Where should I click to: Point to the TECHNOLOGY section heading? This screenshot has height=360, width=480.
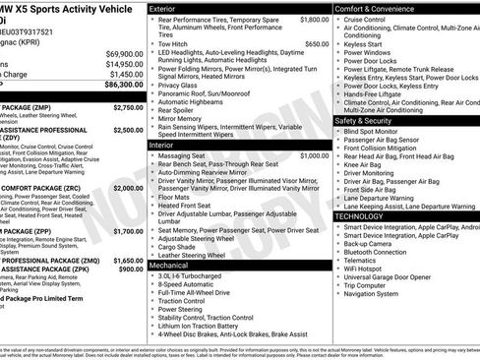tap(359, 215)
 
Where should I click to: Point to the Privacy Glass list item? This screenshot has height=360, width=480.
tap(180, 87)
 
